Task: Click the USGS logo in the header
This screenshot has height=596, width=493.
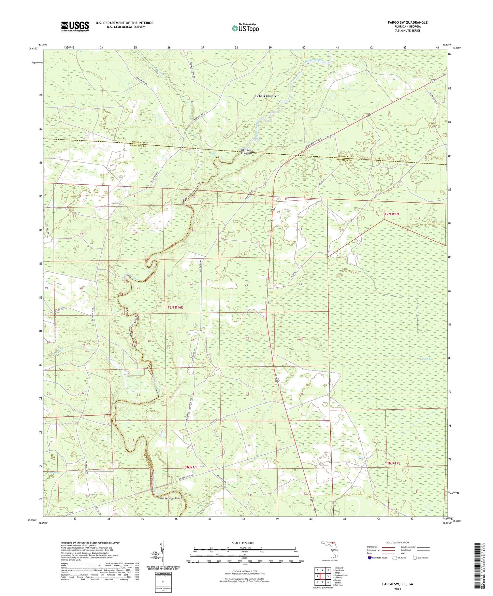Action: click(75, 26)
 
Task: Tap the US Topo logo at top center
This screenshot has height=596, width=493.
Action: click(245, 28)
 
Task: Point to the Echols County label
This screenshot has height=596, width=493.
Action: click(266, 96)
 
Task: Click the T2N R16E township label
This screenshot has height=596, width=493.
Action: click(175, 307)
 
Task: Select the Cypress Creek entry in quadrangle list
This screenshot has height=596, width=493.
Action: click(341, 575)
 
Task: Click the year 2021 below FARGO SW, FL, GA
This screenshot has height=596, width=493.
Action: click(397, 589)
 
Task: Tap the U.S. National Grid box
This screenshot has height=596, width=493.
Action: click(163, 580)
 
